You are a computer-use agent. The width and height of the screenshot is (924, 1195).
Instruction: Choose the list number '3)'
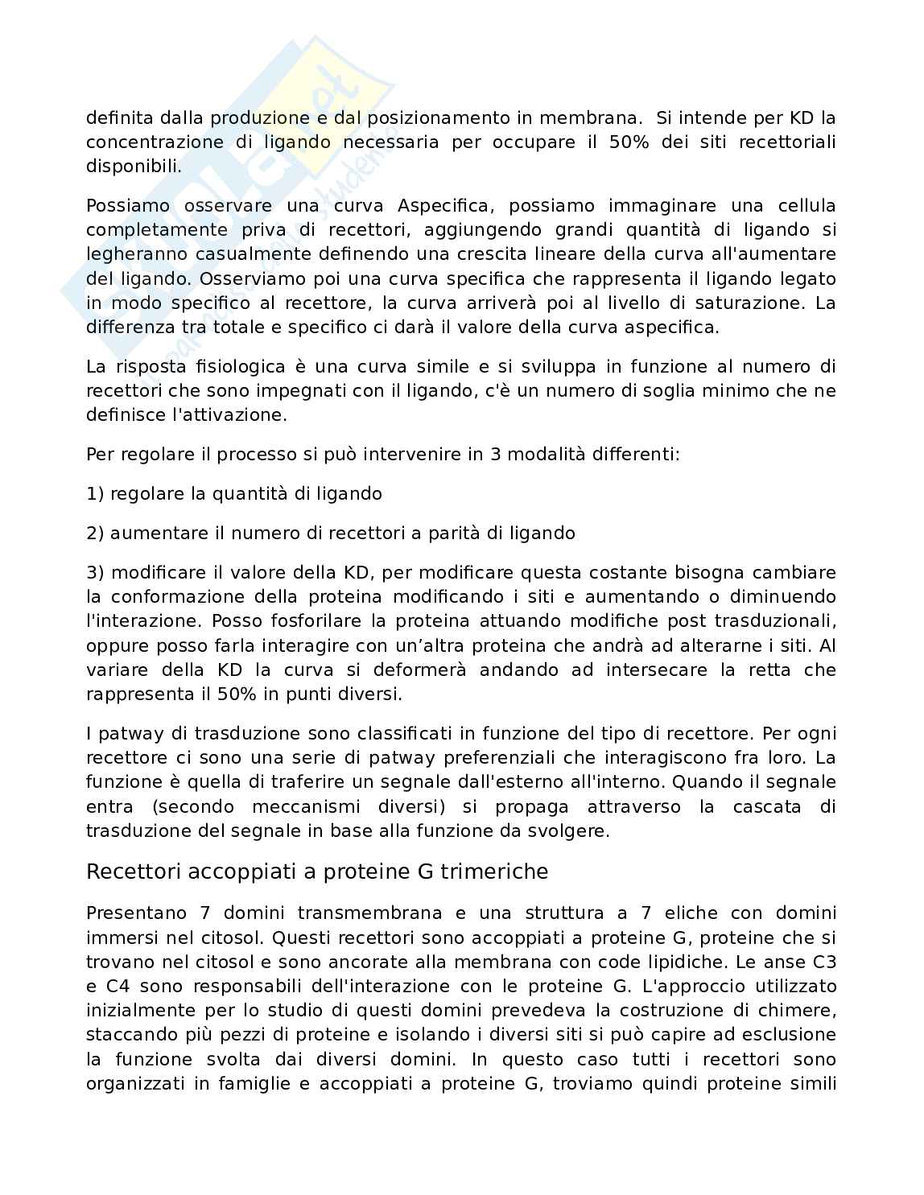tap(96, 573)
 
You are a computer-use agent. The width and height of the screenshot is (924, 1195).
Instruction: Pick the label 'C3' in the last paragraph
tap(823, 962)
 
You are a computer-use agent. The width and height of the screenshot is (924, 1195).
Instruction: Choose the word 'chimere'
tap(804, 1010)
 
